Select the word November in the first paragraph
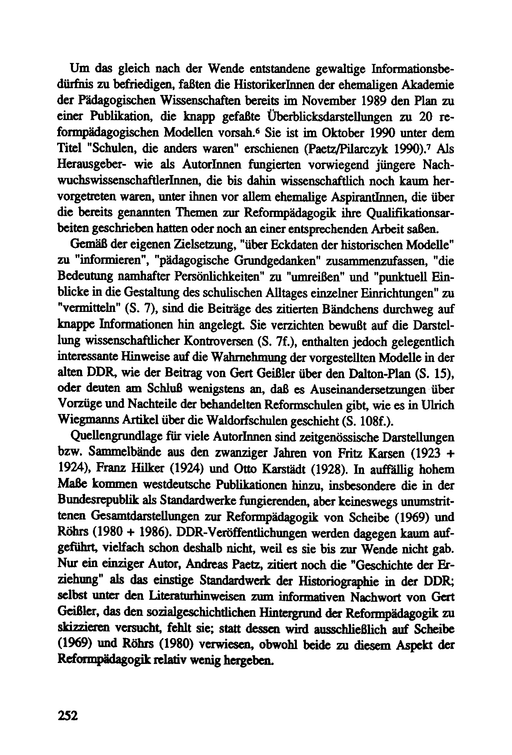pos(330,101)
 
